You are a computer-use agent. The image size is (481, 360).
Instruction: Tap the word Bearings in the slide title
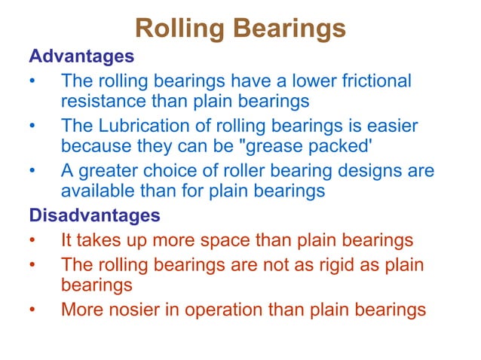point(290,29)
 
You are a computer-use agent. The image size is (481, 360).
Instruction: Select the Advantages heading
point(81,56)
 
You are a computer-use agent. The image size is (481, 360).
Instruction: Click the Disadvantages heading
point(94,215)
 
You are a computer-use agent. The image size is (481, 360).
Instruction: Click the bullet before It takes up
point(32,242)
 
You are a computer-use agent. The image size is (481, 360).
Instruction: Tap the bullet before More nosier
point(32,310)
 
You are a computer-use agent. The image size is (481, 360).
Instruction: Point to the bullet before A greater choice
point(32,172)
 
